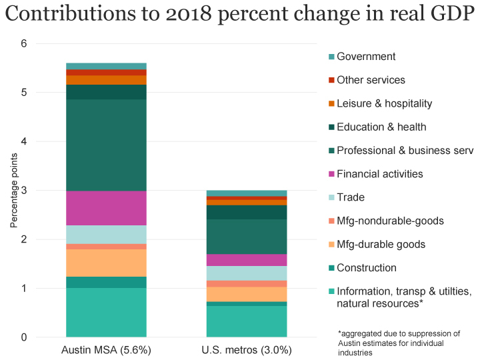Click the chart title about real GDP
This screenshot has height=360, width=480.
pos(239,15)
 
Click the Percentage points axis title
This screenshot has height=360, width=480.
pos(14,191)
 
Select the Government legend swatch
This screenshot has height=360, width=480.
pos(331,57)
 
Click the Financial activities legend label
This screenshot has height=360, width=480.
pos(379,174)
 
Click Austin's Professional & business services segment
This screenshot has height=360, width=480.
pos(106,145)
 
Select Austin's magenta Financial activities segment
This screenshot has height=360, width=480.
pos(106,208)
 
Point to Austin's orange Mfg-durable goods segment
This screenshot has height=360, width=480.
pos(106,263)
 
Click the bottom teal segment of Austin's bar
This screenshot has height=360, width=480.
pos(106,312)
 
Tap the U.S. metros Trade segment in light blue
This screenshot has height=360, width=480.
pos(247,273)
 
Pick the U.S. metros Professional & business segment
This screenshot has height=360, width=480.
pos(247,237)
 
